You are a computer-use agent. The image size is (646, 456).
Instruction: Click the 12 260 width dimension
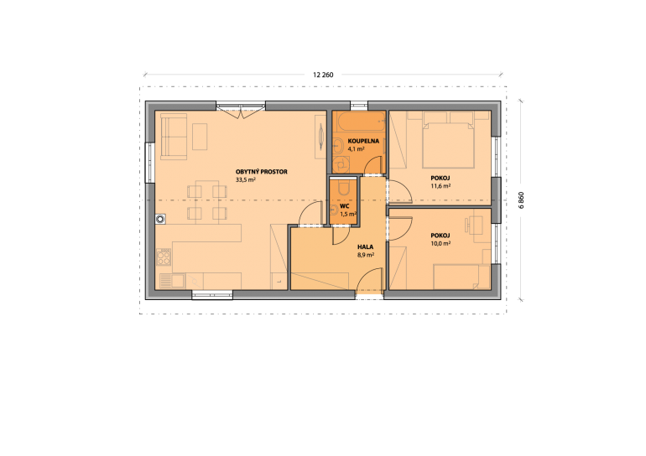323,75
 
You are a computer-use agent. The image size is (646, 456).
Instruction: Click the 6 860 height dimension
521,200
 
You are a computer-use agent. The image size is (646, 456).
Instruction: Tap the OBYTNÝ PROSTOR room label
261,172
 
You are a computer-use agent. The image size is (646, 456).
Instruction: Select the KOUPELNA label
363,141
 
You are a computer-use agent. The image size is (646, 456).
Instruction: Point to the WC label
345,206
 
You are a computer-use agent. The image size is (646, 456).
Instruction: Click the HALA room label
366,247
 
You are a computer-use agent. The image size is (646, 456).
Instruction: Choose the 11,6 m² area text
440,185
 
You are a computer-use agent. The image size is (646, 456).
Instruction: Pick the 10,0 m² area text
440,243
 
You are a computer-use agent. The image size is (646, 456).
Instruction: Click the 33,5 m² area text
246,179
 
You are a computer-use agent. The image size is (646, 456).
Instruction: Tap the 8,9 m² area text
366,255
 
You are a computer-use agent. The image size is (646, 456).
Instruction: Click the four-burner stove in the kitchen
164,256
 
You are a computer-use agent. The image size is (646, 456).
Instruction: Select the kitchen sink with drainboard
172,281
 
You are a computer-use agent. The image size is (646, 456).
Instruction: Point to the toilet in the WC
344,188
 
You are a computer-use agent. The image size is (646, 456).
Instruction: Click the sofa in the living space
174,137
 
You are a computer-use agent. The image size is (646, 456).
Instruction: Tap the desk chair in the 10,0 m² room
468,225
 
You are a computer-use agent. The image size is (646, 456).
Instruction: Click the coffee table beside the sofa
200,137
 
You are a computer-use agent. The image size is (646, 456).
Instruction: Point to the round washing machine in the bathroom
341,164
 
